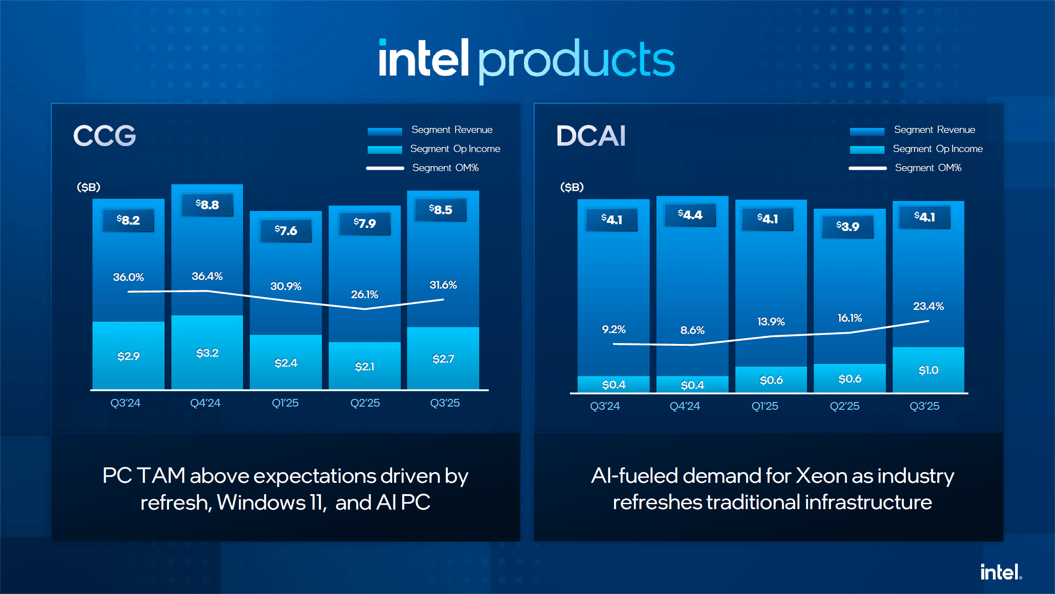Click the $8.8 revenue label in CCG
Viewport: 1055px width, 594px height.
point(207,205)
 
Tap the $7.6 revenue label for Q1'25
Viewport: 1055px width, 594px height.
point(286,231)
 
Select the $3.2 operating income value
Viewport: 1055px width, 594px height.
point(207,353)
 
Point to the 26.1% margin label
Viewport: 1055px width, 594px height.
point(365,295)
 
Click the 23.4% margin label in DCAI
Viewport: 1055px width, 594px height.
point(928,306)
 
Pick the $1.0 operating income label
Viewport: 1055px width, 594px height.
point(928,370)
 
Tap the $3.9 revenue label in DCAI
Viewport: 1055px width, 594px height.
point(847,226)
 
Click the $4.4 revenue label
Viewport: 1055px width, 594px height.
point(690,215)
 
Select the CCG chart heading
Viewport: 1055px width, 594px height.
point(105,135)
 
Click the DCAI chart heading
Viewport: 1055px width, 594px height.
point(591,135)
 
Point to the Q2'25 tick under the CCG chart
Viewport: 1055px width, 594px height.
point(365,403)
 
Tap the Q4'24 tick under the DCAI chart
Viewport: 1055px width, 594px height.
point(685,406)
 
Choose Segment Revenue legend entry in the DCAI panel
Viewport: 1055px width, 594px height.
point(934,130)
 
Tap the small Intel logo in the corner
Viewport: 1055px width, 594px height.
point(1001,572)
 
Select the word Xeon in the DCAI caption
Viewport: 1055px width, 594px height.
point(821,476)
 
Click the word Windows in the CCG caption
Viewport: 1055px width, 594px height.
point(262,502)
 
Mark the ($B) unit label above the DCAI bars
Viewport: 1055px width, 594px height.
point(572,187)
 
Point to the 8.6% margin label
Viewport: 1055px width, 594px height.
point(692,330)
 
